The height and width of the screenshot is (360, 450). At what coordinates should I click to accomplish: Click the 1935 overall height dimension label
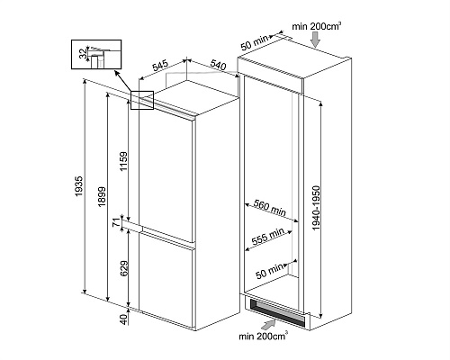click(79, 186)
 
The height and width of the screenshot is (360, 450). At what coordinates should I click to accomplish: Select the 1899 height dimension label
click(102, 196)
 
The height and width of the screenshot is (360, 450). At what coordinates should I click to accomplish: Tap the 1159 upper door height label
click(123, 162)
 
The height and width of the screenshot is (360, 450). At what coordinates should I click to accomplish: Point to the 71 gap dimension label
click(117, 223)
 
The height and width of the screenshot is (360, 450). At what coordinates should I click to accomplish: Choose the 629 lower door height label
click(123, 268)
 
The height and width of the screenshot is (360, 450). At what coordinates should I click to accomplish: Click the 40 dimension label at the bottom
click(123, 319)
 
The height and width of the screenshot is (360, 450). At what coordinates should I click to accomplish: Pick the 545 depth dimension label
click(161, 67)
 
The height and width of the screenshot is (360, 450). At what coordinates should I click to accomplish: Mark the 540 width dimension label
click(218, 65)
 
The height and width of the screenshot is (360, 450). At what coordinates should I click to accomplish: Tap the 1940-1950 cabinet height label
click(316, 208)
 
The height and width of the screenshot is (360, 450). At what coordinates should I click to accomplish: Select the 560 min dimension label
click(270, 208)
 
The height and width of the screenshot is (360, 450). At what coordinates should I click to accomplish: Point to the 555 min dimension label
click(267, 237)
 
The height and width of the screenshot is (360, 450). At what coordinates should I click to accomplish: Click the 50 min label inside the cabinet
click(269, 271)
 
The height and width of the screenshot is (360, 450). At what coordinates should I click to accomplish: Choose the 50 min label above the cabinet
click(254, 42)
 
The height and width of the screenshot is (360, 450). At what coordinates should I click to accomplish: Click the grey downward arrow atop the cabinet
click(315, 40)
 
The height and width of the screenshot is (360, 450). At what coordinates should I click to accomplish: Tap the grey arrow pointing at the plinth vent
click(268, 325)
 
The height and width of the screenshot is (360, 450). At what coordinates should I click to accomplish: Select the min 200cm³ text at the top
click(317, 26)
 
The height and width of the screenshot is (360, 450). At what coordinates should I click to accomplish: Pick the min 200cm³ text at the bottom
click(264, 336)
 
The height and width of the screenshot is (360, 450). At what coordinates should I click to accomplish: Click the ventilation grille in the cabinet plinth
click(277, 312)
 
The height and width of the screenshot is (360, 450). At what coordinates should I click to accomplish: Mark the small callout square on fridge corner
click(142, 100)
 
